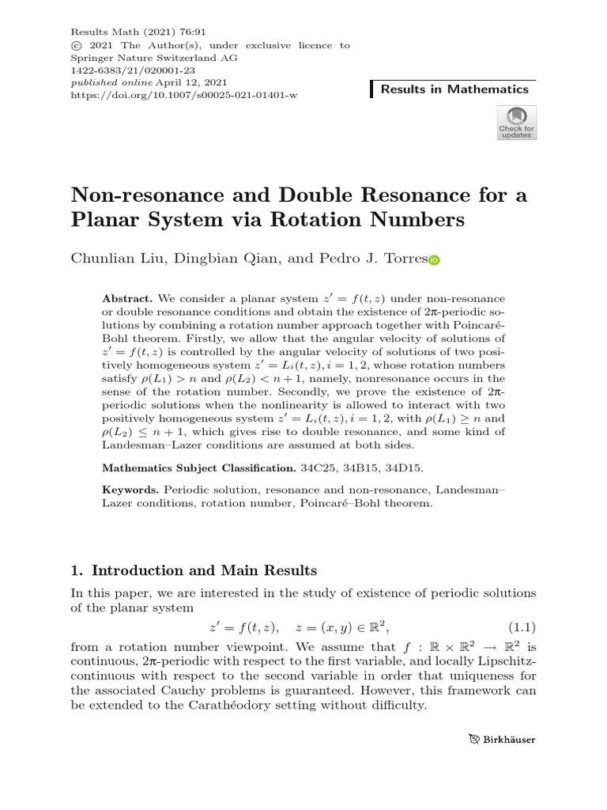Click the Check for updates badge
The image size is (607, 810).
tap(515, 122)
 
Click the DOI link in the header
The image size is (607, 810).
tap(184, 94)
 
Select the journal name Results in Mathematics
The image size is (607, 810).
tap(454, 89)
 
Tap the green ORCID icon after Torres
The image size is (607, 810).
tap(433, 259)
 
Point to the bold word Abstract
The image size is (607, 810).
tap(128, 300)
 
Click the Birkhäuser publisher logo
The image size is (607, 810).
tap(501, 740)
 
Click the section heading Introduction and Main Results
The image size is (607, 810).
tap(205, 570)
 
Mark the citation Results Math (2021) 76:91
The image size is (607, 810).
tap(128, 33)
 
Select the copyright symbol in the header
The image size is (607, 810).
tap(76, 46)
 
